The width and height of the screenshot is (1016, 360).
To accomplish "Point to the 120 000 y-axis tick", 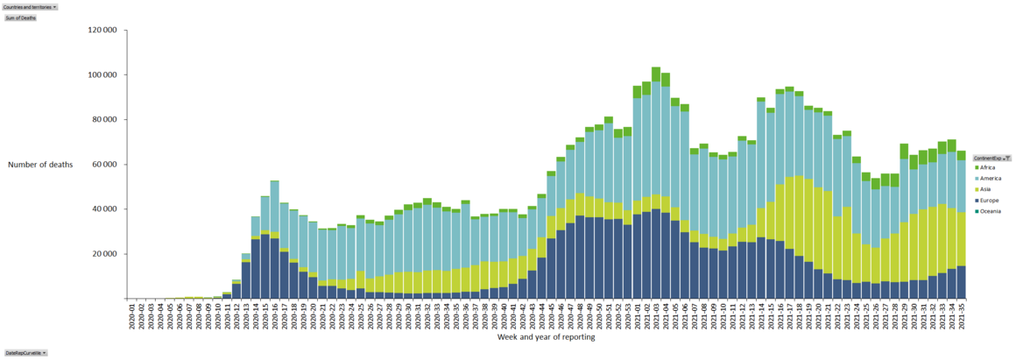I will click(x=103, y=30).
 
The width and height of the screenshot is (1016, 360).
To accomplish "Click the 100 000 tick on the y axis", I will click(x=103, y=74).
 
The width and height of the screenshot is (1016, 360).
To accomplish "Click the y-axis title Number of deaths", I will click(x=40, y=164).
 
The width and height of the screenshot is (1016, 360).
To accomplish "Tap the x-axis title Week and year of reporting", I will click(x=547, y=337).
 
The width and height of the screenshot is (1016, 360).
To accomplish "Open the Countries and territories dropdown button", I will click(x=30, y=6).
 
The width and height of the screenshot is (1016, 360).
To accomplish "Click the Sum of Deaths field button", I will click(x=20, y=18).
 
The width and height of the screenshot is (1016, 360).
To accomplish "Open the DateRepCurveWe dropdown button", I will click(x=25, y=353).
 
